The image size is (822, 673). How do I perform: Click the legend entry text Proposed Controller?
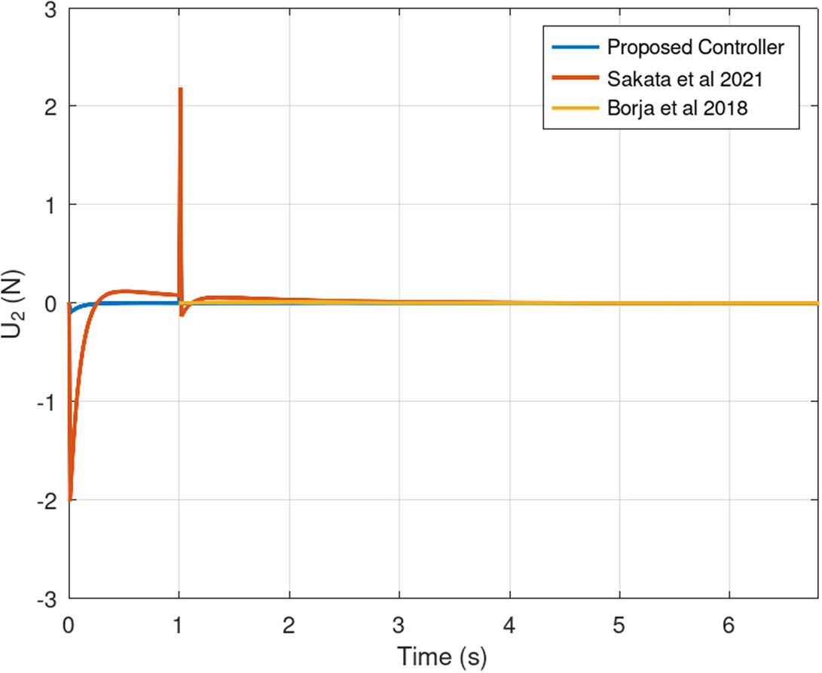pyautogui.click(x=696, y=47)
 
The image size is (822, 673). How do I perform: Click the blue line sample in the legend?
pyautogui.click(x=576, y=47)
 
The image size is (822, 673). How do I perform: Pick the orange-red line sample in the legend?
pyautogui.click(x=576, y=78)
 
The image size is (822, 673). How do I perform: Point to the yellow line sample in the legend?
pyautogui.click(x=576, y=109)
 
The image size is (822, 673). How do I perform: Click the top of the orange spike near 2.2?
pyautogui.click(x=180, y=89)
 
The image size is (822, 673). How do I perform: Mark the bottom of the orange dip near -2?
pyautogui.click(x=70, y=499)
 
